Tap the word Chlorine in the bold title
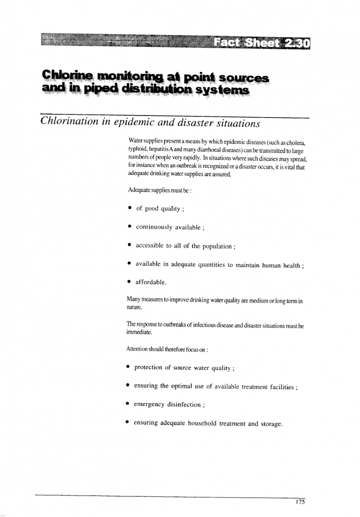coord(63,76)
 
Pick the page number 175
coord(300,501)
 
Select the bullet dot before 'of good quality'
coord(129,208)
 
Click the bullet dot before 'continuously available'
coord(129,227)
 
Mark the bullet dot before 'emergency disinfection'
coord(129,405)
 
